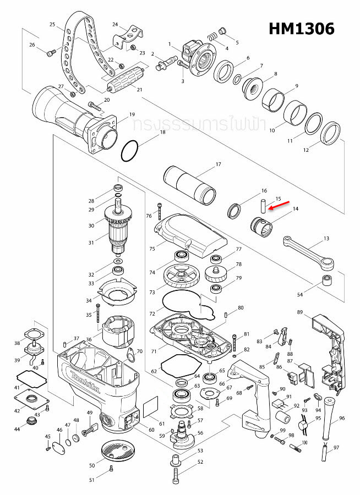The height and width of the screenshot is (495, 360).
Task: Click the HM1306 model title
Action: coord(302,29)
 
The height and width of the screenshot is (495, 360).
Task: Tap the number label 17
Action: coord(218,164)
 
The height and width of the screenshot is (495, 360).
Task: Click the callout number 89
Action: coord(300,312)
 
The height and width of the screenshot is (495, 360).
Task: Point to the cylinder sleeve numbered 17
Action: coord(190,186)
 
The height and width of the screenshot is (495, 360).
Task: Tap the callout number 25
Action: coord(52,25)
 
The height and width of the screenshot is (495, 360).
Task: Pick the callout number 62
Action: coord(154,372)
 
